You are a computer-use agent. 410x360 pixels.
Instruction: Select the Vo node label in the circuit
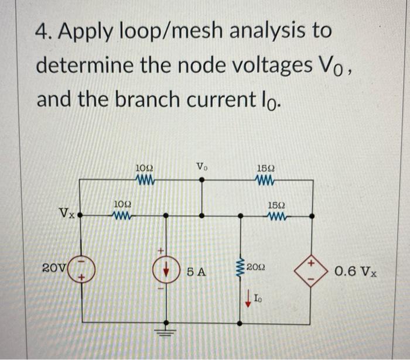(203, 167)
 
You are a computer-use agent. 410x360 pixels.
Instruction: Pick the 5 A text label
(196, 272)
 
